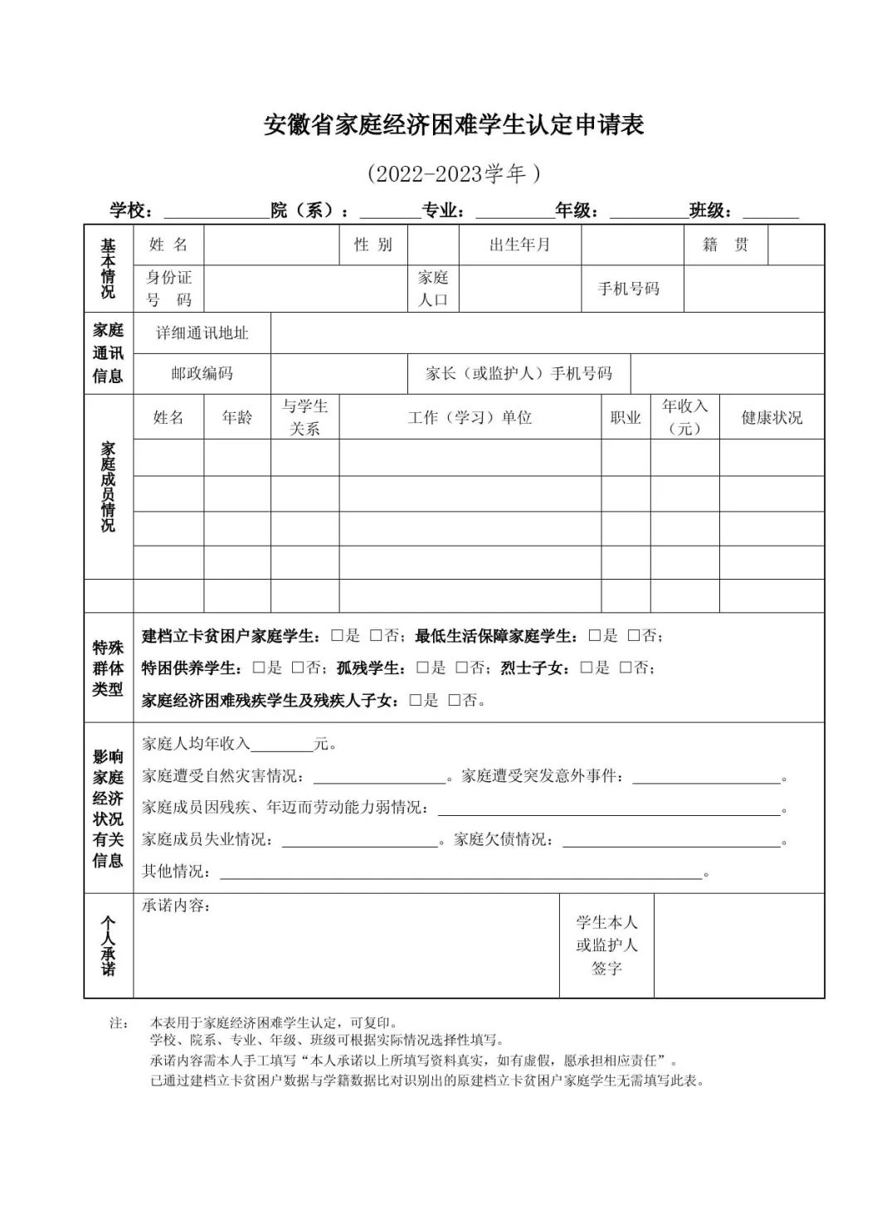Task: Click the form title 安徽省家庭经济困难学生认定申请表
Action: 454,124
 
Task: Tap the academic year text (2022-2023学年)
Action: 454,173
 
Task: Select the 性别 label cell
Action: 373,245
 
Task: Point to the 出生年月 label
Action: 519,245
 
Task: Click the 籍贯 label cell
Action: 725,245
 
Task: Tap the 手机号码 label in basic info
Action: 629,289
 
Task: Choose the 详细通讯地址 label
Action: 202,333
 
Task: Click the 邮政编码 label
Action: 202,373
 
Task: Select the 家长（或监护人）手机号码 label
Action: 519,373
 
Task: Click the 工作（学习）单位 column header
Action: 470,417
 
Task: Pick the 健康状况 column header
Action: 772,417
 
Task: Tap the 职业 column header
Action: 626,417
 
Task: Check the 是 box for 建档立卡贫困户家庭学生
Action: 337,636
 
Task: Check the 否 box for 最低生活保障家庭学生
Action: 634,636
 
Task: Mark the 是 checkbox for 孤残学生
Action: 422,668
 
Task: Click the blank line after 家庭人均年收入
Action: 280,746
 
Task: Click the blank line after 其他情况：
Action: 460,872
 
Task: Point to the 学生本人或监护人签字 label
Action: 606,945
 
